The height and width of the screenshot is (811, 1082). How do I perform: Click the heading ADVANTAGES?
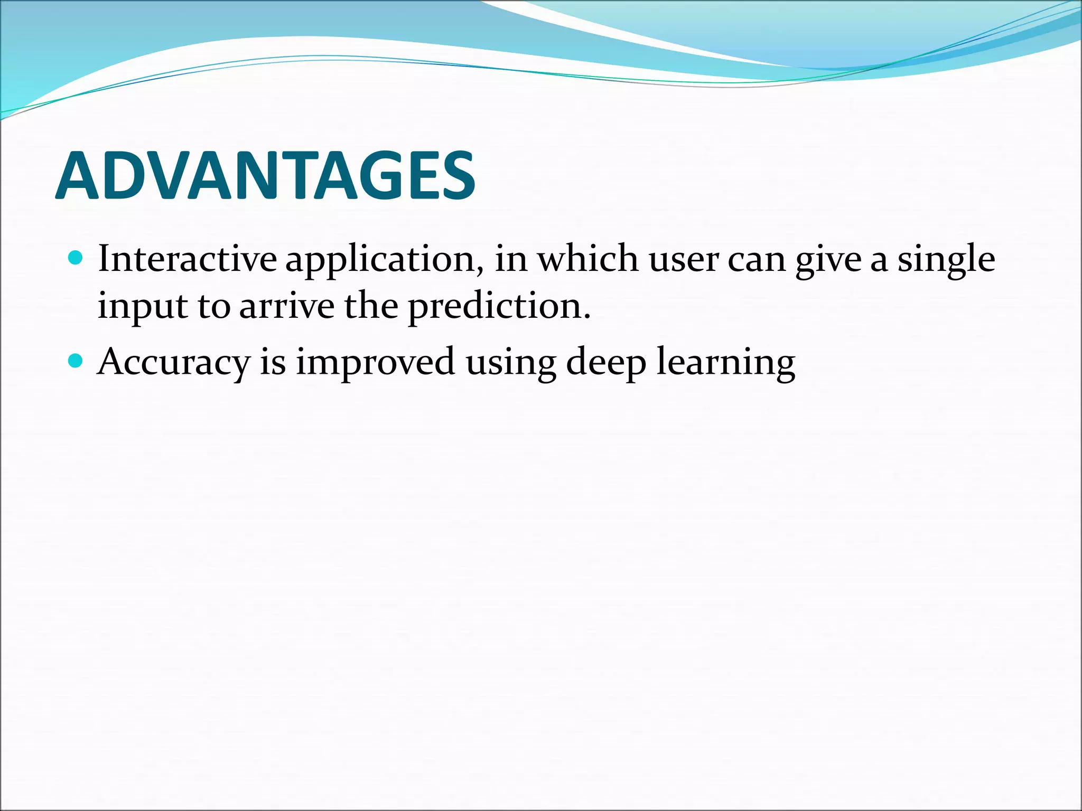pyautogui.click(x=265, y=175)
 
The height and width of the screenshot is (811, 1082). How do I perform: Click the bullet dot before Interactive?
pyautogui.click(x=76, y=258)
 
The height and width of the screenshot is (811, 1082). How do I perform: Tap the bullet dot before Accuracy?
pyautogui.click(x=76, y=361)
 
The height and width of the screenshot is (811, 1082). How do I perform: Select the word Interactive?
pyautogui.click(x=187, y=259)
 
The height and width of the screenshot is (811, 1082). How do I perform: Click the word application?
pyautogui.click(x=380, y=260)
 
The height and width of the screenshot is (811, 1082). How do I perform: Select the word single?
pyautogui.click(x=946, y=260)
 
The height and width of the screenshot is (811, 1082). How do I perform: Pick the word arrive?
pyautogui.click(x=287, y=306)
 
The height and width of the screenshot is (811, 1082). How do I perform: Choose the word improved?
pyautogui.click(x=375, y=363)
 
